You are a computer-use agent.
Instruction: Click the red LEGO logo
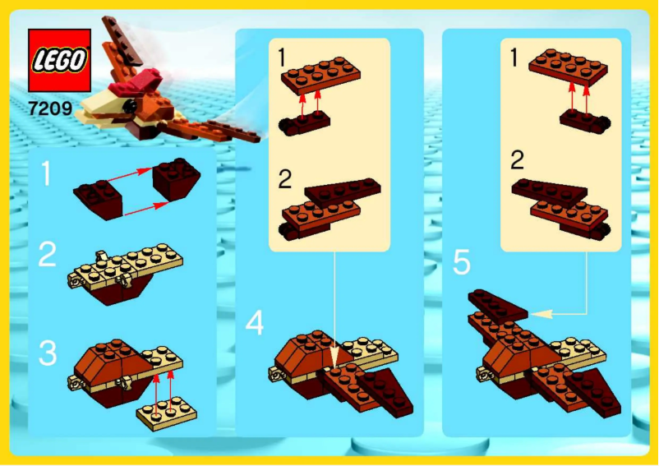59,60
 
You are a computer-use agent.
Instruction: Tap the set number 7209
49,107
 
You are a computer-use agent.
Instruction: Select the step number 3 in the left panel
48,353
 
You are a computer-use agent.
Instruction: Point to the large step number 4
255,324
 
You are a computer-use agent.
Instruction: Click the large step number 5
463,263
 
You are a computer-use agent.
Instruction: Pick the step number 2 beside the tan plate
48,256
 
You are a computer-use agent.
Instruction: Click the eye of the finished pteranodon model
127,105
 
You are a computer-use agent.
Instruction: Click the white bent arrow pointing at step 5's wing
567,311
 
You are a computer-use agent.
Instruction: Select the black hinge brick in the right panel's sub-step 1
584,121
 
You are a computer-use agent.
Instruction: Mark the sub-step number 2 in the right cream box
517,159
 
